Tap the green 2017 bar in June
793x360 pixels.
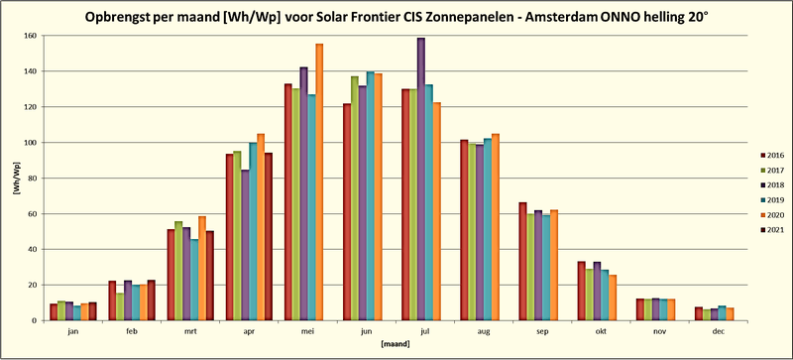(x=355, y=198)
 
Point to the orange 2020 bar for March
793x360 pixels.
(x=202, y=268)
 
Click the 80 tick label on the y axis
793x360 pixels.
(x=32, y=179)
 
